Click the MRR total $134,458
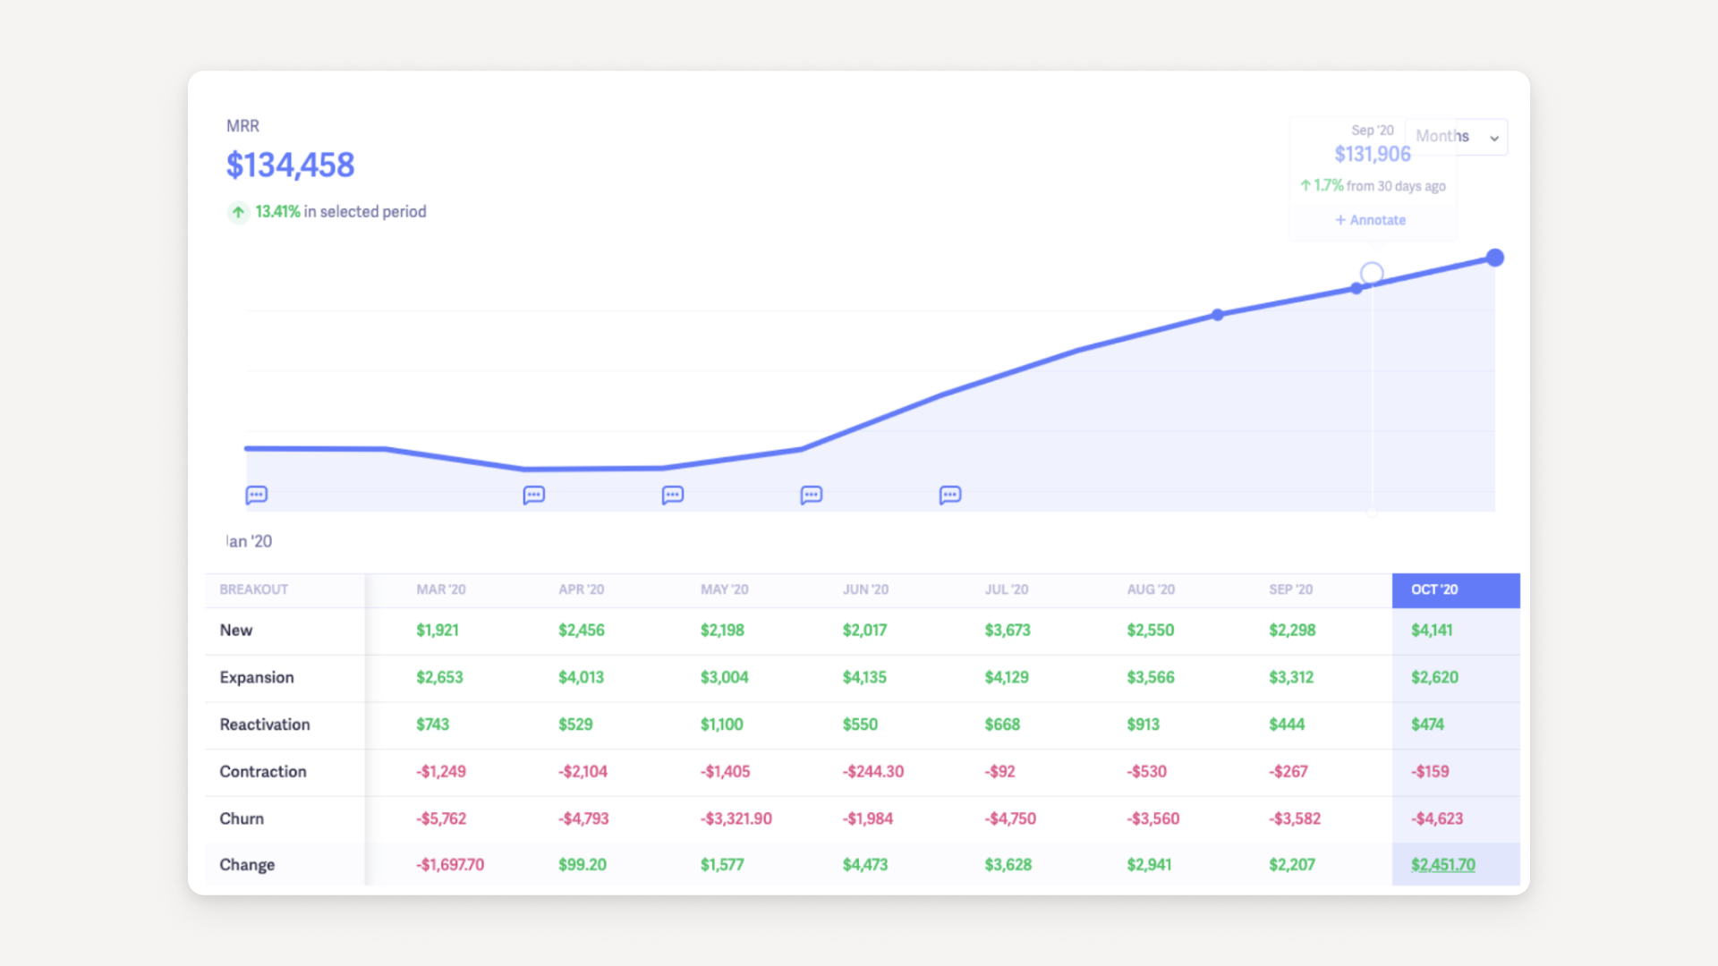290,165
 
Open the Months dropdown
1456,137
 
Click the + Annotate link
1370,220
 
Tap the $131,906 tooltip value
1372,155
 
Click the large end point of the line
1494,258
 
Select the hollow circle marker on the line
1371,273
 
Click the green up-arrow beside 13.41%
238,212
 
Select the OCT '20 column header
1434,589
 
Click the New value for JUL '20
1008,631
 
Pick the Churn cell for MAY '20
736,818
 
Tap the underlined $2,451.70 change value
1442,865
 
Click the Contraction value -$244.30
872,771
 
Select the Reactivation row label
265,724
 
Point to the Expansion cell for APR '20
581,677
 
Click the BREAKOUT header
254,589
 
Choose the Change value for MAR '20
449,865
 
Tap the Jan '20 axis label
250,541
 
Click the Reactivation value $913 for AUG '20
1143,724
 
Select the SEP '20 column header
1290,589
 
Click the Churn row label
242,818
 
